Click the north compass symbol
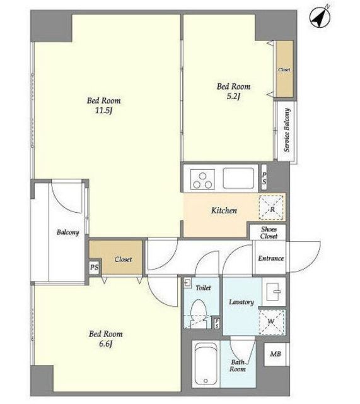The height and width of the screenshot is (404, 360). (x=320, y=16)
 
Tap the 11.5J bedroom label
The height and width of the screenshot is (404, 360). (x=103, y=105)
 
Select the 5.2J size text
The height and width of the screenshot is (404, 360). (x=233, y=97)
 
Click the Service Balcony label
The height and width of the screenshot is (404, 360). (x=287, y=130)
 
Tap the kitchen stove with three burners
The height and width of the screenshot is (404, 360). (x=202, y=179)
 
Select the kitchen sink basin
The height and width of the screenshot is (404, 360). (x=238, y=178)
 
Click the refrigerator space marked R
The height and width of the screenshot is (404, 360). (x=272, y=208)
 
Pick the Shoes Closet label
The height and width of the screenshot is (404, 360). (x=269, y=233)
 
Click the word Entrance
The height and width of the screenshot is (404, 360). (x=270, y=258)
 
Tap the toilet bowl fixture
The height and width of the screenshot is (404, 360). (x=199, y=312)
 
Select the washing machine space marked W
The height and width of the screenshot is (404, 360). (x=272, y=322)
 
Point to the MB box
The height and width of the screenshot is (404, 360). (x=276, y=354)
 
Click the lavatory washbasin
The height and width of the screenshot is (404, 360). (x=274, y=292)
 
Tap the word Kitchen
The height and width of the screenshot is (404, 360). (x=224, y=210)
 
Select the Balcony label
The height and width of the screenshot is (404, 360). (x=67, y=232)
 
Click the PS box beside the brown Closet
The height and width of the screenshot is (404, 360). (x=95, y=267)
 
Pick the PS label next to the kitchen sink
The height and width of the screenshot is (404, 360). (x=264, y=178)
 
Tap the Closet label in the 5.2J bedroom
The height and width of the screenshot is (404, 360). (x=284, y=69)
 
